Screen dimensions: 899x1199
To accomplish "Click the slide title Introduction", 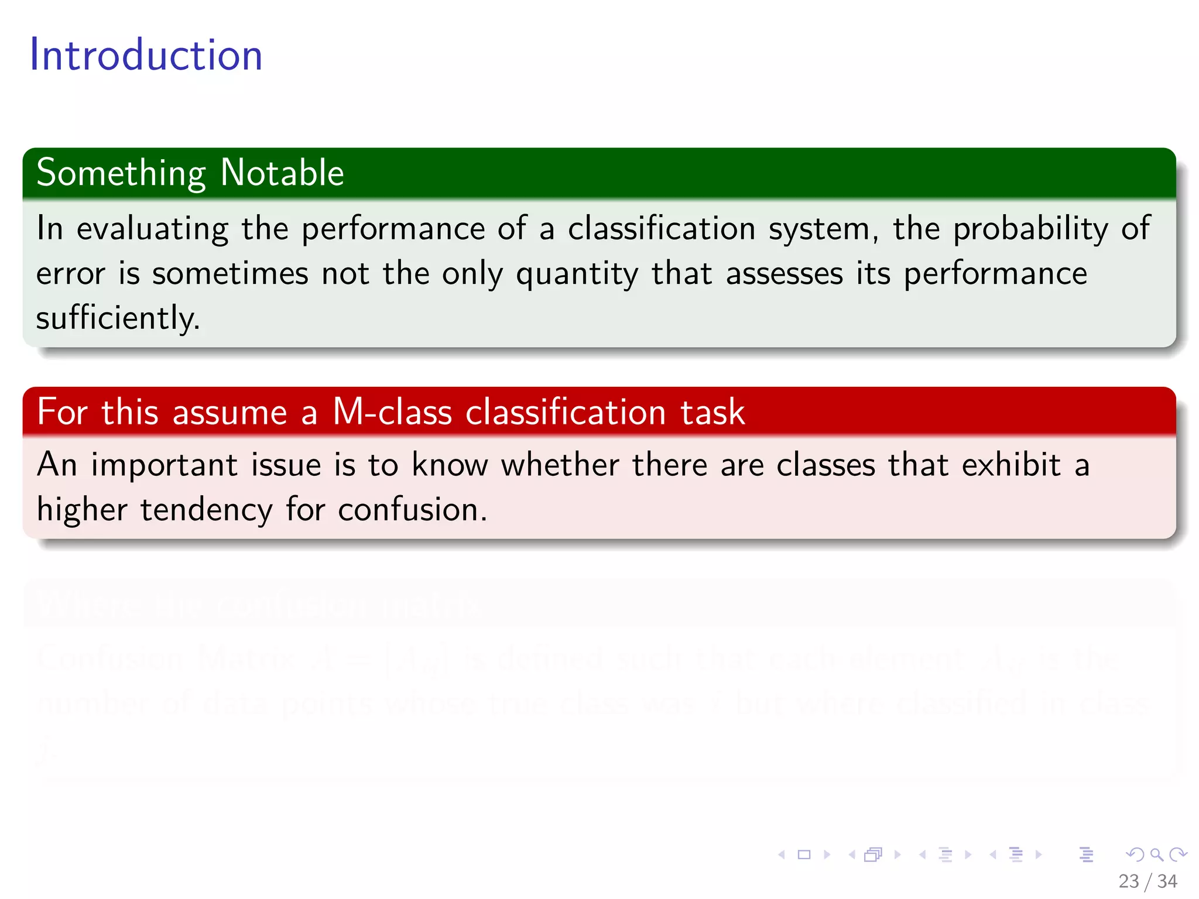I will click(146, 55).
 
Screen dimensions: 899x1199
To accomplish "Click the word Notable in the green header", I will click(282, 173).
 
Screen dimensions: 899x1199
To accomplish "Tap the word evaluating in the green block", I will click(152, 229).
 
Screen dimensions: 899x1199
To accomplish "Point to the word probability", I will click(1030, 229).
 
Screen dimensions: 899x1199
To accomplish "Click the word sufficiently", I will click(118, 319).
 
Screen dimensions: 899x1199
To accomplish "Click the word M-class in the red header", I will click(392, 411).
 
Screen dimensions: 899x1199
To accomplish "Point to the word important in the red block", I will click(164, 466).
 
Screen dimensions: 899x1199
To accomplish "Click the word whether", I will click(560, 465).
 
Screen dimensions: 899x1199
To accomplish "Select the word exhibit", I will click(1011, 465).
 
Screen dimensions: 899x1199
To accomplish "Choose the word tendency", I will click(206, 510).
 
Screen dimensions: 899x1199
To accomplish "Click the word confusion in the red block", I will click(412, 509).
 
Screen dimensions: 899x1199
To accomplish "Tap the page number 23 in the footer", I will click(1128, 881).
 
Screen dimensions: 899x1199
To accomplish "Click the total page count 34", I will click(1167, 881).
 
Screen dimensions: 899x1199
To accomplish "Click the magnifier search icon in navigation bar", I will click(1156, 855).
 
